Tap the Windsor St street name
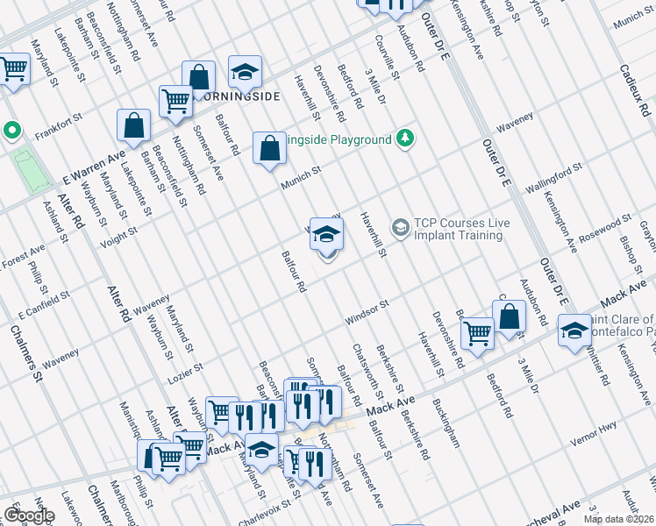coord(366,314)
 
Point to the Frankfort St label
coord(58,127)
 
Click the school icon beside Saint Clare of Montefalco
coord(574,331)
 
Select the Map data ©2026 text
coord(618,519)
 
